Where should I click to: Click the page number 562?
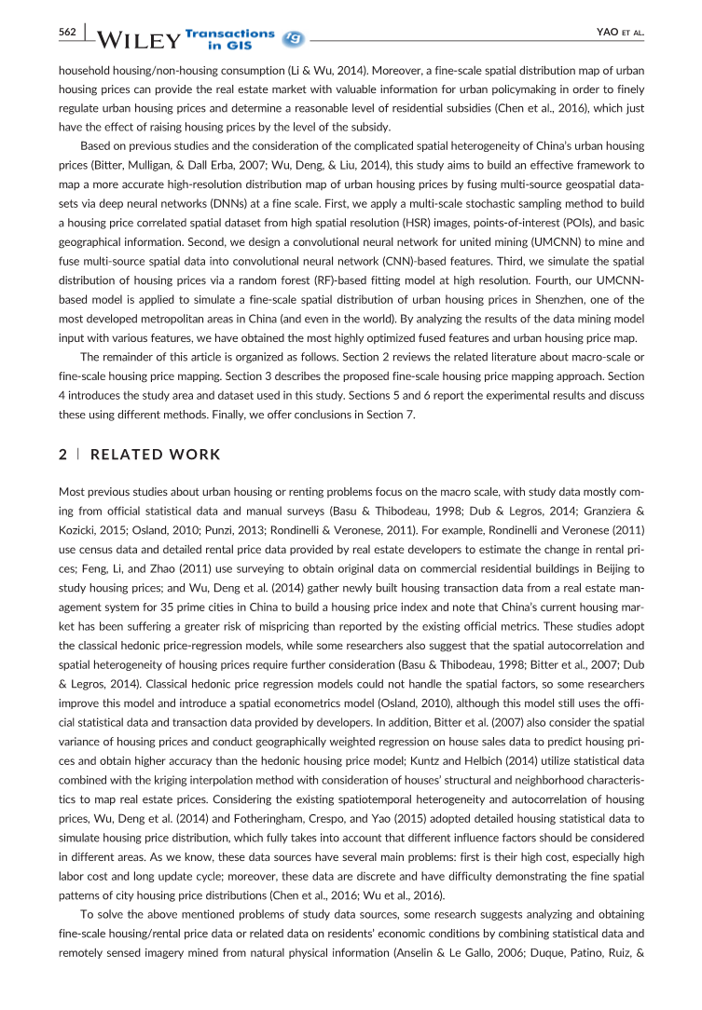67,32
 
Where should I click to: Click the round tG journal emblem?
291,38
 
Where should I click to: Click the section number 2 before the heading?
62,455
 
